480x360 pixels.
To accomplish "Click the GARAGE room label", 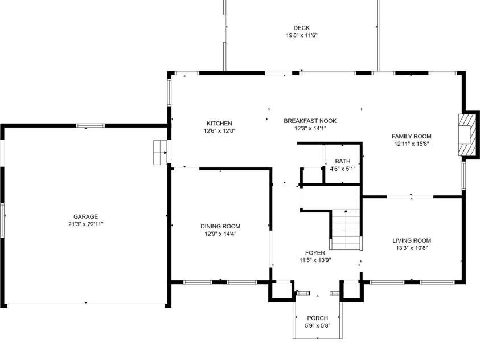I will [85, 216].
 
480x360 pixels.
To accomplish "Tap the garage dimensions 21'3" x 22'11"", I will [85, 224].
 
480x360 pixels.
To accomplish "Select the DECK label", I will [301, 28].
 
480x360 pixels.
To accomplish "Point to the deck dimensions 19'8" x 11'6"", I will [301, 35].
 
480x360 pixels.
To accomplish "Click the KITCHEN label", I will [219, 124].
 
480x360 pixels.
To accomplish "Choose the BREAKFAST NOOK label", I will [310, 121].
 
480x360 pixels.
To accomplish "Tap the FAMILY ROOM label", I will [411, 136].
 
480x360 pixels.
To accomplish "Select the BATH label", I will [343, 161].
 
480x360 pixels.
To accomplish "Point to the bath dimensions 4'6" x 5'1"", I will [343, 169].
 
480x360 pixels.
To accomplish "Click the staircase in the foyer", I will [346, 230].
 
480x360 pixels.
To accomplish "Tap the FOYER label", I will [315, 252].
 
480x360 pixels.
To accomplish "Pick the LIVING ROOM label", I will [412, 240].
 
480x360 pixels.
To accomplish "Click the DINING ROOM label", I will [220, 226].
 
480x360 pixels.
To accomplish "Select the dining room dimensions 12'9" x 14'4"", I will [220, 234].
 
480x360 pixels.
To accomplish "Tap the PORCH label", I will [317, 318].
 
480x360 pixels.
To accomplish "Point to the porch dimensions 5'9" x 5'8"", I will [317, 325].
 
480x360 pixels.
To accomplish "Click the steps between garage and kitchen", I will [159, 153].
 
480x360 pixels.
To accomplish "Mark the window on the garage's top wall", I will [91, 125].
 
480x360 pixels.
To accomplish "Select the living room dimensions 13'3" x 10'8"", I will [412, 248].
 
